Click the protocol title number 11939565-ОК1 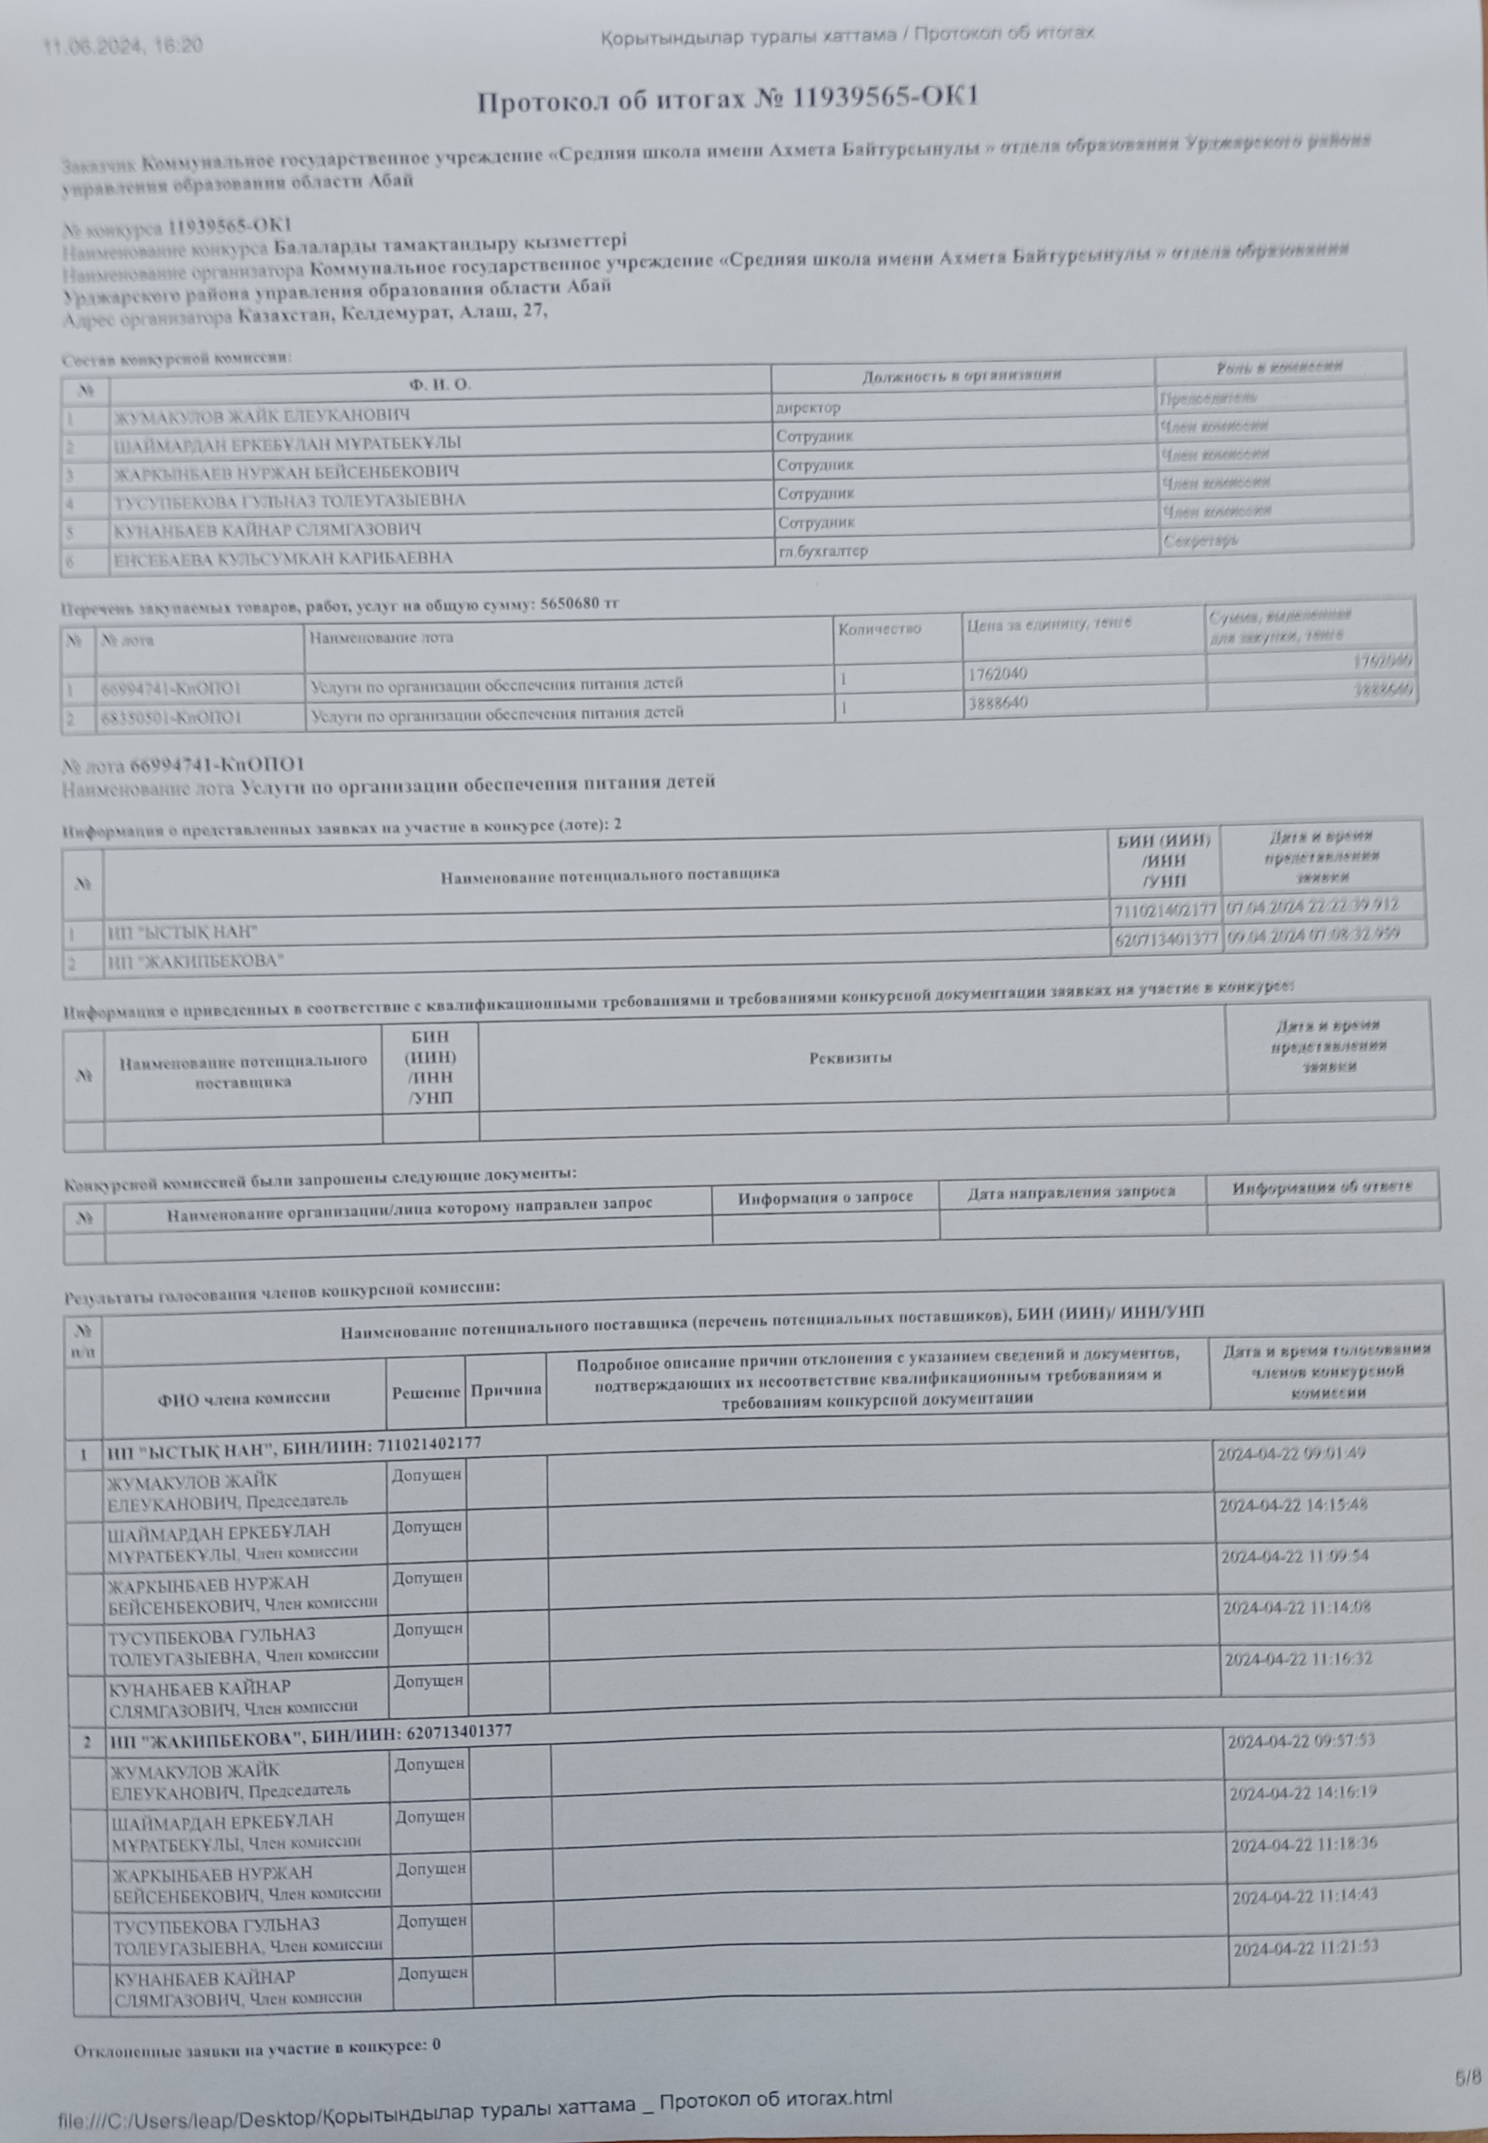[x=884, y=98]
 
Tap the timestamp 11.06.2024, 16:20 [x=122, y=44]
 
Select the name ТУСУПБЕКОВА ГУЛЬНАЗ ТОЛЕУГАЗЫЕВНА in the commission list [x=289, y=500]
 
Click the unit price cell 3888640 [x=997, y=703]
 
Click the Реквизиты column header [x=851, y=1058]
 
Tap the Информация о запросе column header [x=825, y=1196]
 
